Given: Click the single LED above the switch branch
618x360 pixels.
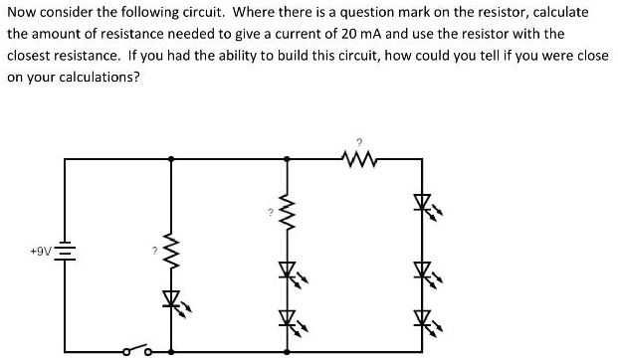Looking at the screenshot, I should pos(172,297).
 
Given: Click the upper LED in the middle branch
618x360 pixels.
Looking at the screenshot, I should pos(288,270).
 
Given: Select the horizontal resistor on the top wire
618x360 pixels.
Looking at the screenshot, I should pos(356,157).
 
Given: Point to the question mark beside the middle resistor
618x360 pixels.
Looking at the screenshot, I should pos(269,212).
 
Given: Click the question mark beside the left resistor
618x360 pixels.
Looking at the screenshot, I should pos(154,250).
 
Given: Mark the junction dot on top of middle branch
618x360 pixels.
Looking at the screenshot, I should pos(288,157).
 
